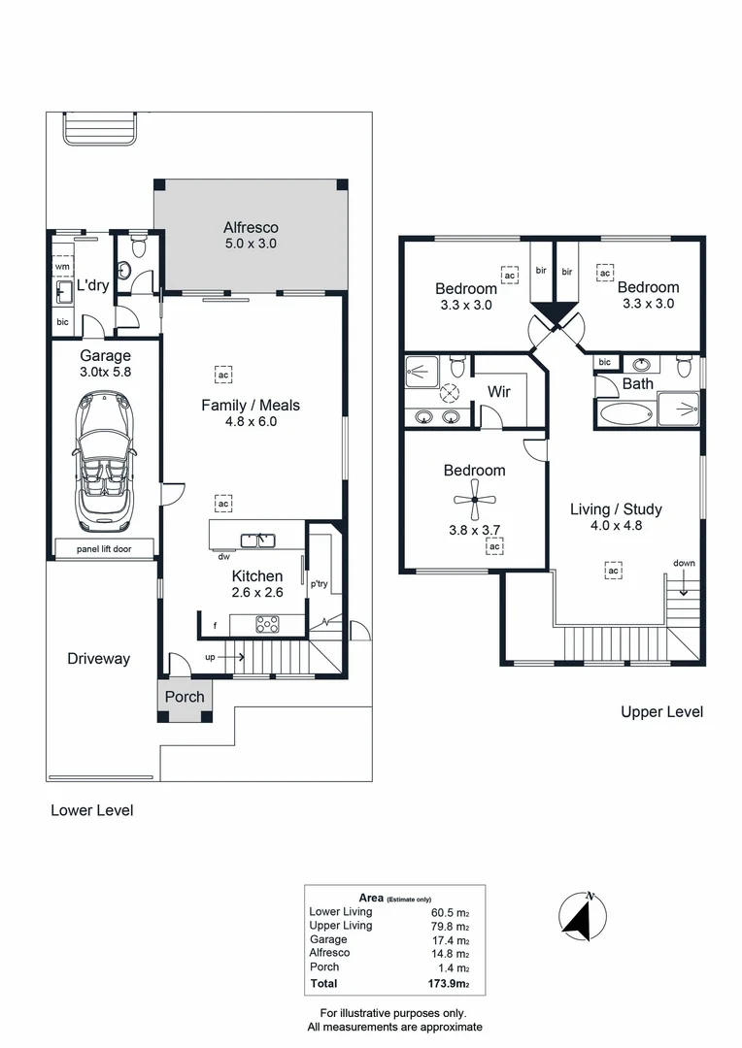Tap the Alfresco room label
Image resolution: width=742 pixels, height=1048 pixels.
pyautogui.click(x=251, y=228)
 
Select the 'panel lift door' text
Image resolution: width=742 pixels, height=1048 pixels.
pyautogui.click(x=104, y=549)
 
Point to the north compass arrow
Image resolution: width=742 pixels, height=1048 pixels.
pyautogui.click(x=584, y=916)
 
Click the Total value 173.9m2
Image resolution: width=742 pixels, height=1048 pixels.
pyautogui.click(x=450, y=984)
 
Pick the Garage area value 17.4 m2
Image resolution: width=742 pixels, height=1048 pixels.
pyautogui.click(x=450, y=940)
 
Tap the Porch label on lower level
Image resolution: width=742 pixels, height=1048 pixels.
pyautogui.click(x=185, y=697)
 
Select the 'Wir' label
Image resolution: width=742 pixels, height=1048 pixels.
pyautogui.click(x=499, y=392)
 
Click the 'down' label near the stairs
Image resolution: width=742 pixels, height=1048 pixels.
pyautogui.click(x=684, y=564)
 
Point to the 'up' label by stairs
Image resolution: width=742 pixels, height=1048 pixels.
pyautogui.click(x=211, y=657)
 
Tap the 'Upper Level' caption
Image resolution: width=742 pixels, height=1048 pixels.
pyautogui.click(x=661, y=712)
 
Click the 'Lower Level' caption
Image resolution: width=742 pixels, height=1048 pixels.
pyautogui.click(x=91, y=810)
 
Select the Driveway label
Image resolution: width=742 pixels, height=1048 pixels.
pyautogui.click(x=98, y=659)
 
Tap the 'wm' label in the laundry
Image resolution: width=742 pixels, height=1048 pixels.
pyautogui.click(x=62, y=266)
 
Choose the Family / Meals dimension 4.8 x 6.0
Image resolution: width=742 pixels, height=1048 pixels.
pyautogui.click(x=251, y=421)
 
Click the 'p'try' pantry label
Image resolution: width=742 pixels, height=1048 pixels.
pyautogui.click(x=319, y=584)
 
